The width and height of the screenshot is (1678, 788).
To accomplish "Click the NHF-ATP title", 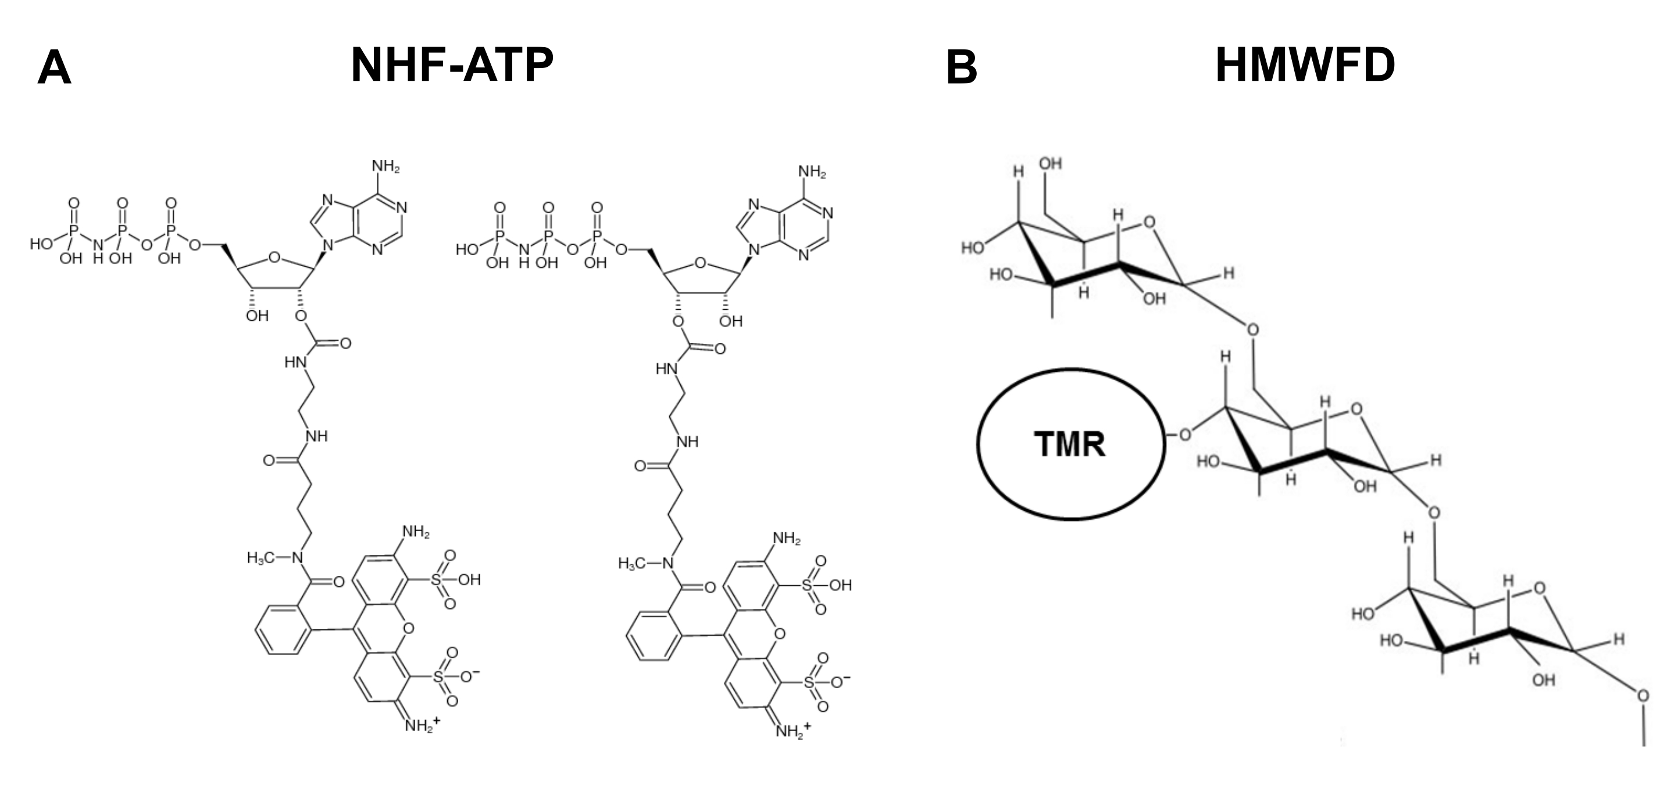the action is (x=451, y=65).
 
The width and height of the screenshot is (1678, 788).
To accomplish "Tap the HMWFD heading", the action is (x=1305, y=65).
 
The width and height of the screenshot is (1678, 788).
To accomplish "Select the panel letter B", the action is (x=962, y=69).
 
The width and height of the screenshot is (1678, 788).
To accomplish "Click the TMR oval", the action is (x=1070, y=444).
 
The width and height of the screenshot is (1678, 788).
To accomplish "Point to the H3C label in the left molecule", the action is (x=260, y=558).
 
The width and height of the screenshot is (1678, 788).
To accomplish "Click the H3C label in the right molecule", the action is (x=632, y=563).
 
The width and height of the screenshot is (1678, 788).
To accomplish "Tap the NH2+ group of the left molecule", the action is (x=422, y=724).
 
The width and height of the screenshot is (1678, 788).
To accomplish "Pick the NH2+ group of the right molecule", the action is (x=792, y=730).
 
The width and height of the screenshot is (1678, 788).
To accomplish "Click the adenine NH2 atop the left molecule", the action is (x=385, y=166).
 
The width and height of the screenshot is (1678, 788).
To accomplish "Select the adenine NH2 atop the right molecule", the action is (x=812, y=172).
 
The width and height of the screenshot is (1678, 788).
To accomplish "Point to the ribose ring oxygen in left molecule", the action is (x=274, y=258).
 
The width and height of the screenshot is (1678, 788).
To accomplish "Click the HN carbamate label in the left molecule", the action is (x=295, y=362).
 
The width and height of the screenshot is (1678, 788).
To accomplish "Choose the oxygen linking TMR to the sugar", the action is (x=1185, y=434).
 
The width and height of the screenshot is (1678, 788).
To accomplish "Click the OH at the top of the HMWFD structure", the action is (x=1051, y=163).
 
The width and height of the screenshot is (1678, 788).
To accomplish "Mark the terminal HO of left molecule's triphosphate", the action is (x=42, y=244).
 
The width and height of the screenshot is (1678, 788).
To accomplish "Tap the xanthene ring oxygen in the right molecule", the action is (x=780, y=633).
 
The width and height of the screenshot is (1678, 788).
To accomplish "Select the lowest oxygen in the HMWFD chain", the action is (x=1643, y=696).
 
